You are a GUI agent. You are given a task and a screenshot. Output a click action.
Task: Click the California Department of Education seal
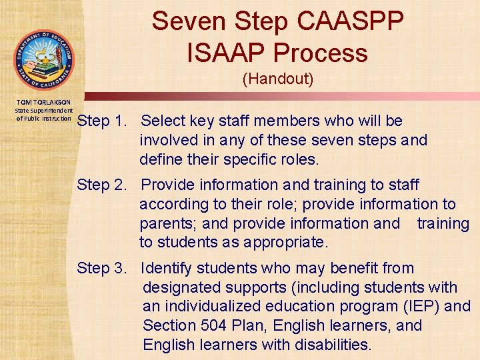pyautogui.click(x=43, y=59)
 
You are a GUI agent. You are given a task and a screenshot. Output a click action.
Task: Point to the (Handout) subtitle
pyautogui.click(x=277, y=79)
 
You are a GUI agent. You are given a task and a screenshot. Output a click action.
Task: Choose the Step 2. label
pyautogui.click(x=102, y=185)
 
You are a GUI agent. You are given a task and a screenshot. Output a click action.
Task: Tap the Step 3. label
pyautogui.click(x=102, y=269)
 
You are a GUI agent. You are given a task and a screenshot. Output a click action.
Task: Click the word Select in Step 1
pyautogui.click(x=164, y=121)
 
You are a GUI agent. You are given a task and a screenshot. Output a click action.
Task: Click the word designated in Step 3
pyautogui.click(x=182, y=288)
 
